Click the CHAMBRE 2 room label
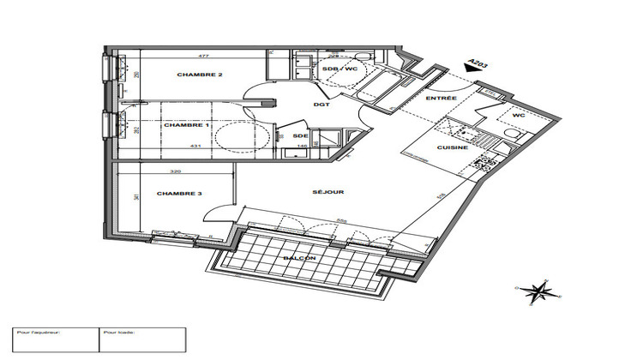tap(200, 75)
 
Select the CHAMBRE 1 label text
tap(187, 125)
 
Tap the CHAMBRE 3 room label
tap(179, 195)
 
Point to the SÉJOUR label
tap(329, 192)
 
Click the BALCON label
tap(299, 258)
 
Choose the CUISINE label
tap(453, 149)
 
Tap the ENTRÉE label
tap(442, 99)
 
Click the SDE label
tap(300, 136)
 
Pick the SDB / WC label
tap(339, 69)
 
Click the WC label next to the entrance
tap(519, 116)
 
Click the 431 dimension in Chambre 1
tap(195, 146)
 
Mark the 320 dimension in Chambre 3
tap(175, 171)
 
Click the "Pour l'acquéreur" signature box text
tap(34, 333)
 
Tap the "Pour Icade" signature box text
tap(119, 333)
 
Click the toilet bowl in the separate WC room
tap(514, 135)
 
